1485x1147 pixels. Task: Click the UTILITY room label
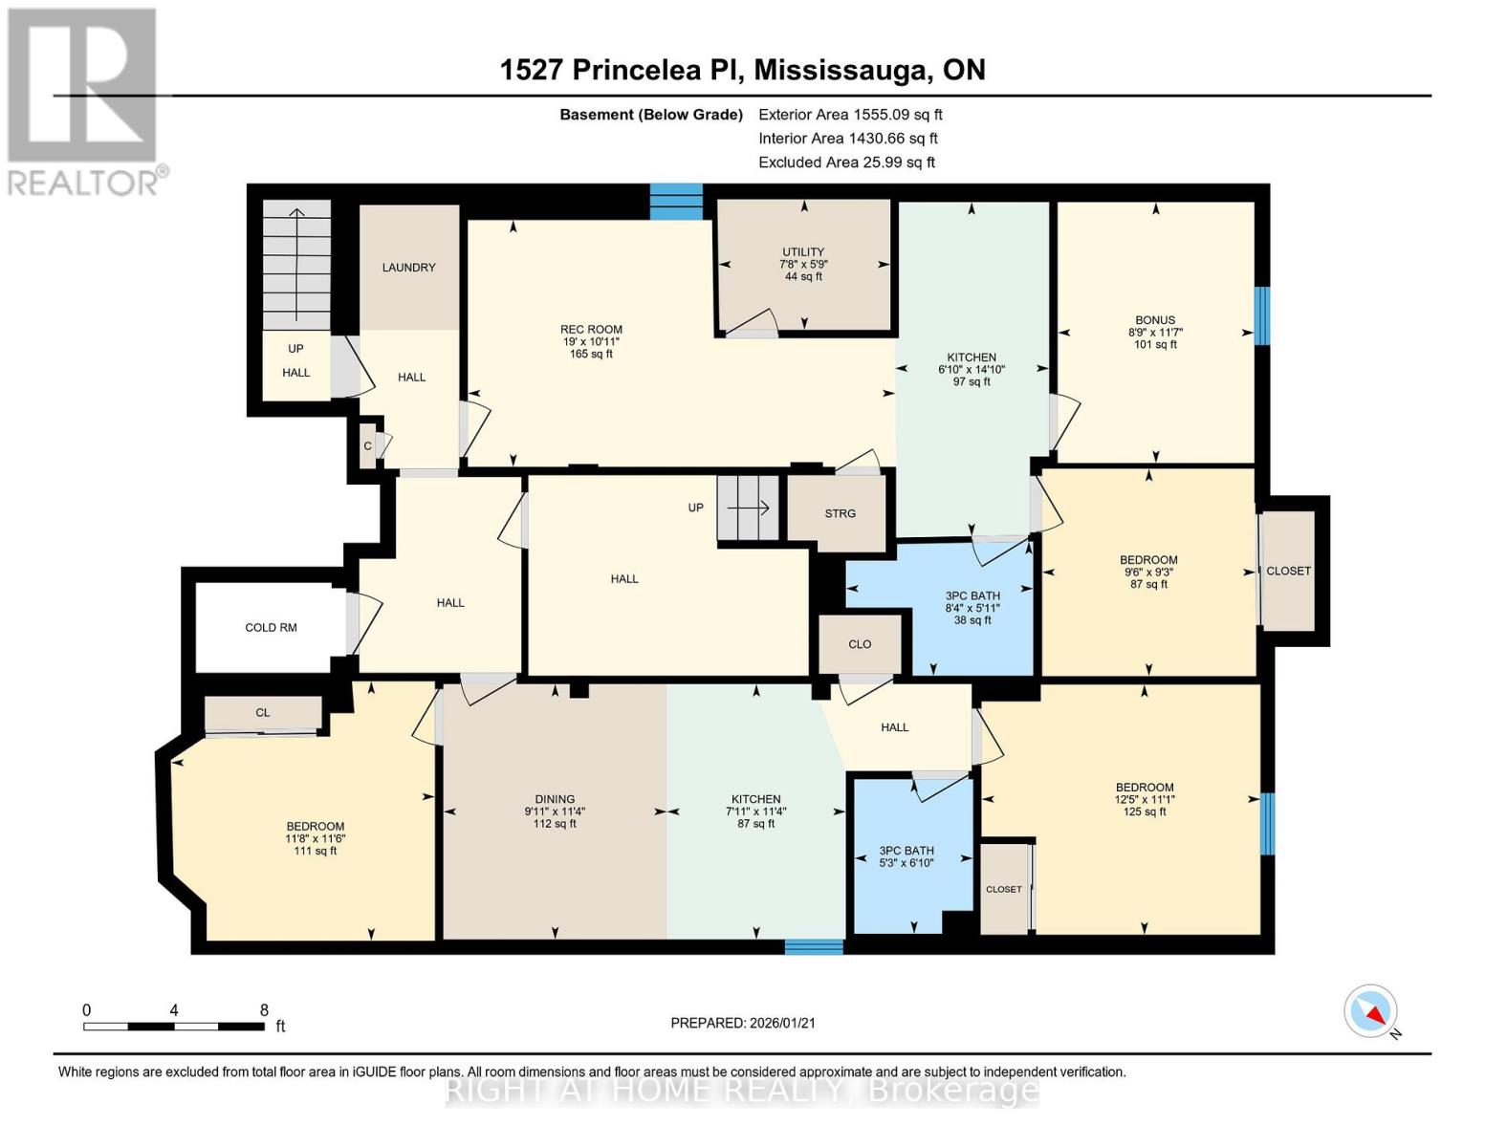click(x=803, y=252)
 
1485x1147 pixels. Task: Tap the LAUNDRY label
click(x=408, y=268)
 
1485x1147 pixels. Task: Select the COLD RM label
click(x=271, y=628)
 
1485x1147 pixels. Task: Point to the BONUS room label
click(x=1155, y=320)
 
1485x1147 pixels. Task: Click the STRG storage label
click(x=840, y=514)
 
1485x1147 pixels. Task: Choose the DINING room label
click(x=555, y=799)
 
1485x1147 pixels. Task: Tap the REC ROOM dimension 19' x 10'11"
click(x=592, y=341)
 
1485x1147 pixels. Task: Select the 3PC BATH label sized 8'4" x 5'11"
click(x=972, y=595)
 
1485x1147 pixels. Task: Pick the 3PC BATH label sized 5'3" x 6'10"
click(x=906, y=851)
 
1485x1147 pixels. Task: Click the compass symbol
click(x=1371, y=1011)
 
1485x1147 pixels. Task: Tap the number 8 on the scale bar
click(x=264, y=1010)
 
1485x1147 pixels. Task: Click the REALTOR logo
click(x=84, y=101)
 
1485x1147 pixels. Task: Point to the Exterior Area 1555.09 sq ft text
click(x=850, y=115)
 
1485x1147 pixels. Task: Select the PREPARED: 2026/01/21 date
click(x=742, y=1023)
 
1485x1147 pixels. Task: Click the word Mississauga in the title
click(x=842, y=70)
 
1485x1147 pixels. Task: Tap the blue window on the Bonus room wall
click(x=1262, y=315)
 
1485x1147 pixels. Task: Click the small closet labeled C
click(x=367, y=446)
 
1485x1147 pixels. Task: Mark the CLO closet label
click(x=859, y=644)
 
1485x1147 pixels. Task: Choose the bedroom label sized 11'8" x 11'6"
click(x=315, y=827)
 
